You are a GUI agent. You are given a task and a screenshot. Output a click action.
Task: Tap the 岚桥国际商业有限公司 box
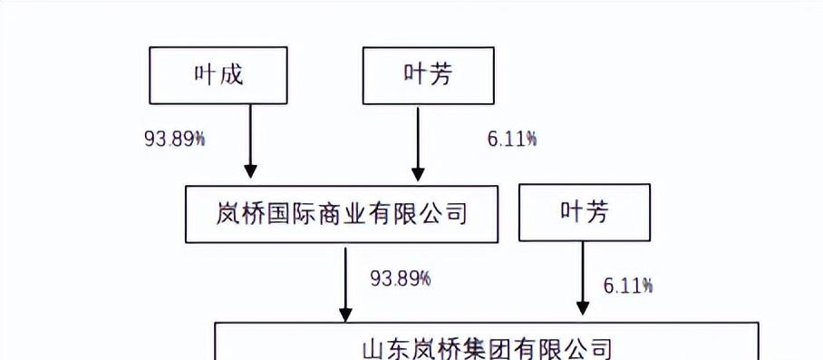342,214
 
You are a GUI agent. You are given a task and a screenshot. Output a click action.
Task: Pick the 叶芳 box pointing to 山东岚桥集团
584,213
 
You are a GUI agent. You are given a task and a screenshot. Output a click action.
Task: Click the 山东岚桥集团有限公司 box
486,345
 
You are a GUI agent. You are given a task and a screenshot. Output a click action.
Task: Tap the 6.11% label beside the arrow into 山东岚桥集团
628,286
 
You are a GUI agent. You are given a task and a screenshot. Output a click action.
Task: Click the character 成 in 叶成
232,75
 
